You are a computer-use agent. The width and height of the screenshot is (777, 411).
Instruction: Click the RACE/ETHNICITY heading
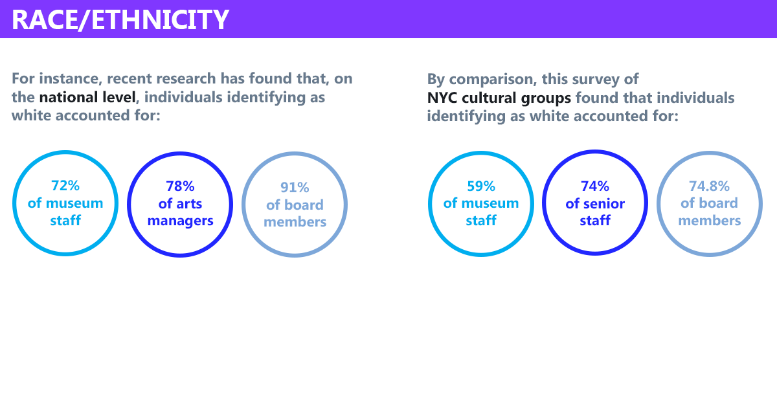click(120, 20)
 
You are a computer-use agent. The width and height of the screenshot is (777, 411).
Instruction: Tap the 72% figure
click(65, 186)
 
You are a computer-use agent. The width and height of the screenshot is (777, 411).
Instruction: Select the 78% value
click(180, 186)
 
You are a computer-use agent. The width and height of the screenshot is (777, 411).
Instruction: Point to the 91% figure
click(295, 187)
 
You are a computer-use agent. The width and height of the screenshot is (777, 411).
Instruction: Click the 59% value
click(480, 186)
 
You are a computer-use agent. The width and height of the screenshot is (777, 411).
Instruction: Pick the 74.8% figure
click(709, 186)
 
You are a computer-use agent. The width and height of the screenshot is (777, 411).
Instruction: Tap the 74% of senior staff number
click(595, 186)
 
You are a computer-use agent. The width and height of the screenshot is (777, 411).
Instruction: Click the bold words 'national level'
click(87, 97)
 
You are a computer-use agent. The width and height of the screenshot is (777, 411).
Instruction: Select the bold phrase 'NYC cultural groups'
click(499, 98)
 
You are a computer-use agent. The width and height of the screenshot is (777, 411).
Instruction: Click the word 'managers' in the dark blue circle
click(181, 221)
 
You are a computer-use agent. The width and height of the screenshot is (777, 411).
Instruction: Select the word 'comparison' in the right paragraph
click(493, 80)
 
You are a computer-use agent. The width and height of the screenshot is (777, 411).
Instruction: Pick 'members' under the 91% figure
click(295, 222)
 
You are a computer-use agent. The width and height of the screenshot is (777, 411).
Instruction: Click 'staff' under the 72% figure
click(65, 220)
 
